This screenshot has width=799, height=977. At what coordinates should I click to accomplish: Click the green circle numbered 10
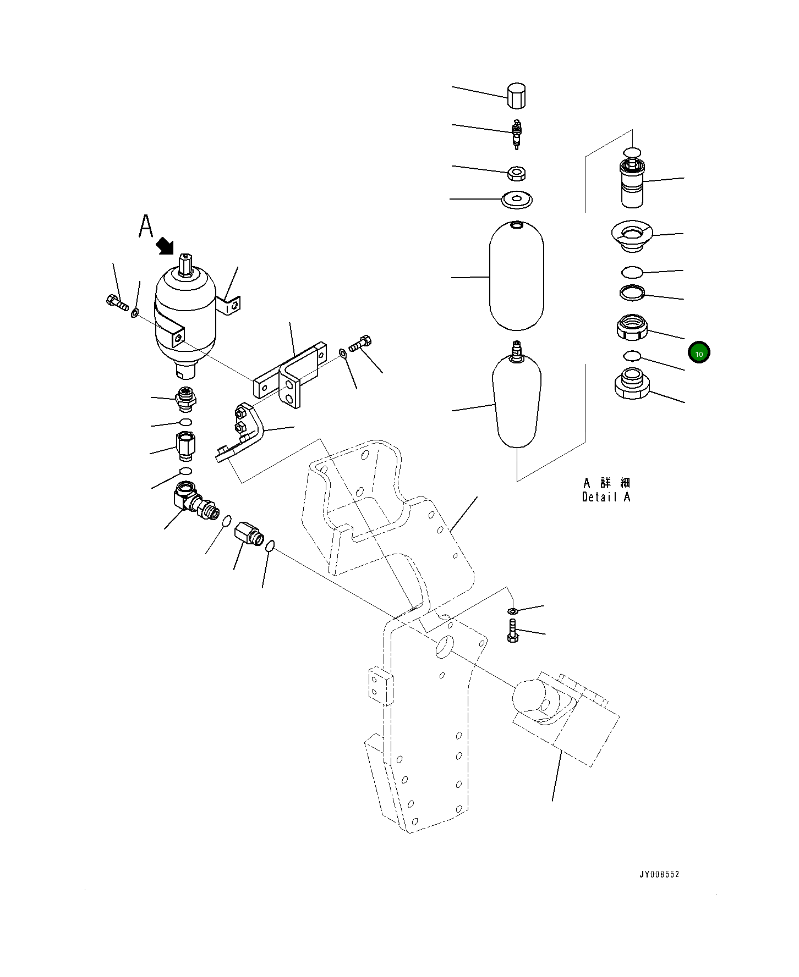coord(699,353)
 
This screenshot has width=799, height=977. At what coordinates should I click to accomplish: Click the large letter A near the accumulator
coord(145,226)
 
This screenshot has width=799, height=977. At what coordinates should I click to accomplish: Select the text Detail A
coord(606,497)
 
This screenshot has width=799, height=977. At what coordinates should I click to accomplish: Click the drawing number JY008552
coord(659,874)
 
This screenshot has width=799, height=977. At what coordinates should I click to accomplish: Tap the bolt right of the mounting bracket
coord(361,343)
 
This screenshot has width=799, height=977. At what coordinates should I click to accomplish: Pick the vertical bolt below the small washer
coord(512,630)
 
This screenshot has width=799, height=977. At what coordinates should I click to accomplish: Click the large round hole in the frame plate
coord(444,647)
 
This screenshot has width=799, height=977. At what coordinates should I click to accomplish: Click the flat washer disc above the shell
coord(517,199)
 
